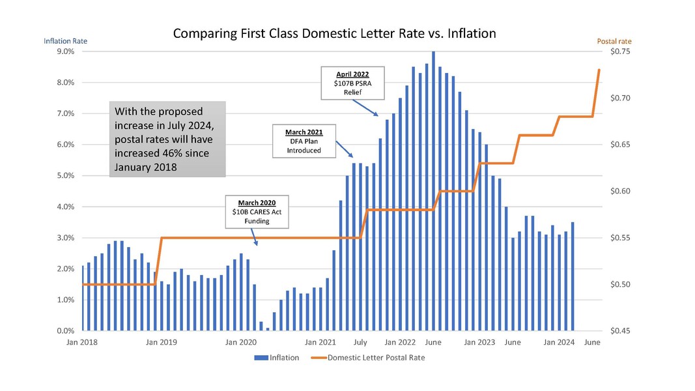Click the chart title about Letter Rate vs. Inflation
click(x=334, y=33)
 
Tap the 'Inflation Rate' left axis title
click(x=65, y=41)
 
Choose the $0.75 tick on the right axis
click(x=621, y=51)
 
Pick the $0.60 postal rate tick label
click(x=621, y=192)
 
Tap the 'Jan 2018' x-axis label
click(x=82, y=342)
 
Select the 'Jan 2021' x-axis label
click(x=320, y=342)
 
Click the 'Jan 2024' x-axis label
click(x=558, y=342)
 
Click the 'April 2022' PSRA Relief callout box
click(x=352, y=83)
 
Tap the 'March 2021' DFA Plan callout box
click(x=304, y=141)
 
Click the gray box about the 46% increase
click(x=168, y=139)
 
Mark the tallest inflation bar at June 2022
click(x=433, y=191)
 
